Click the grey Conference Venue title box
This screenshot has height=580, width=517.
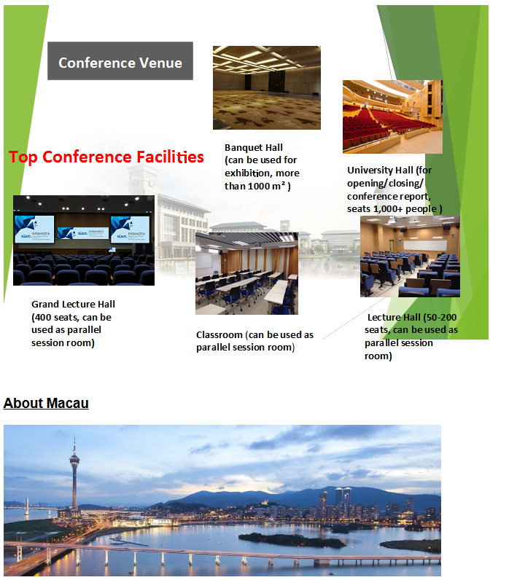point(120,60)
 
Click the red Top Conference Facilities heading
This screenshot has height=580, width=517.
point(106,157)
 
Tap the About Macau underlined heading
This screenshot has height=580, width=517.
point(46,403)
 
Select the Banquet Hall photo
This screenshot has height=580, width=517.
point(267,87)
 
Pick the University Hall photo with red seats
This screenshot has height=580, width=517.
point(392,117)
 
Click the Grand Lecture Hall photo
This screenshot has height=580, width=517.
point(84,240)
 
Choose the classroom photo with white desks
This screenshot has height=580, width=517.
point(247,274)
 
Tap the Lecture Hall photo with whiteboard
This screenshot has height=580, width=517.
point(410,256)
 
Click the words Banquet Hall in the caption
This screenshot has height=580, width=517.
point(254,148)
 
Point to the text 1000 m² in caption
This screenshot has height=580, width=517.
point(266,186)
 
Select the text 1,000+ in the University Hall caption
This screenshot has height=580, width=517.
point(388,209)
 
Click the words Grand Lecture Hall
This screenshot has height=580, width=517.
point(73,304)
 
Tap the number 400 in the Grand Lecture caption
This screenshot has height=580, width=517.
point(43,318)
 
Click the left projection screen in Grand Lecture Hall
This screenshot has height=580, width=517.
point(34,230)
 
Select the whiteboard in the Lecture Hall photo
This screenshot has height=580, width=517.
point(425,245)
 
